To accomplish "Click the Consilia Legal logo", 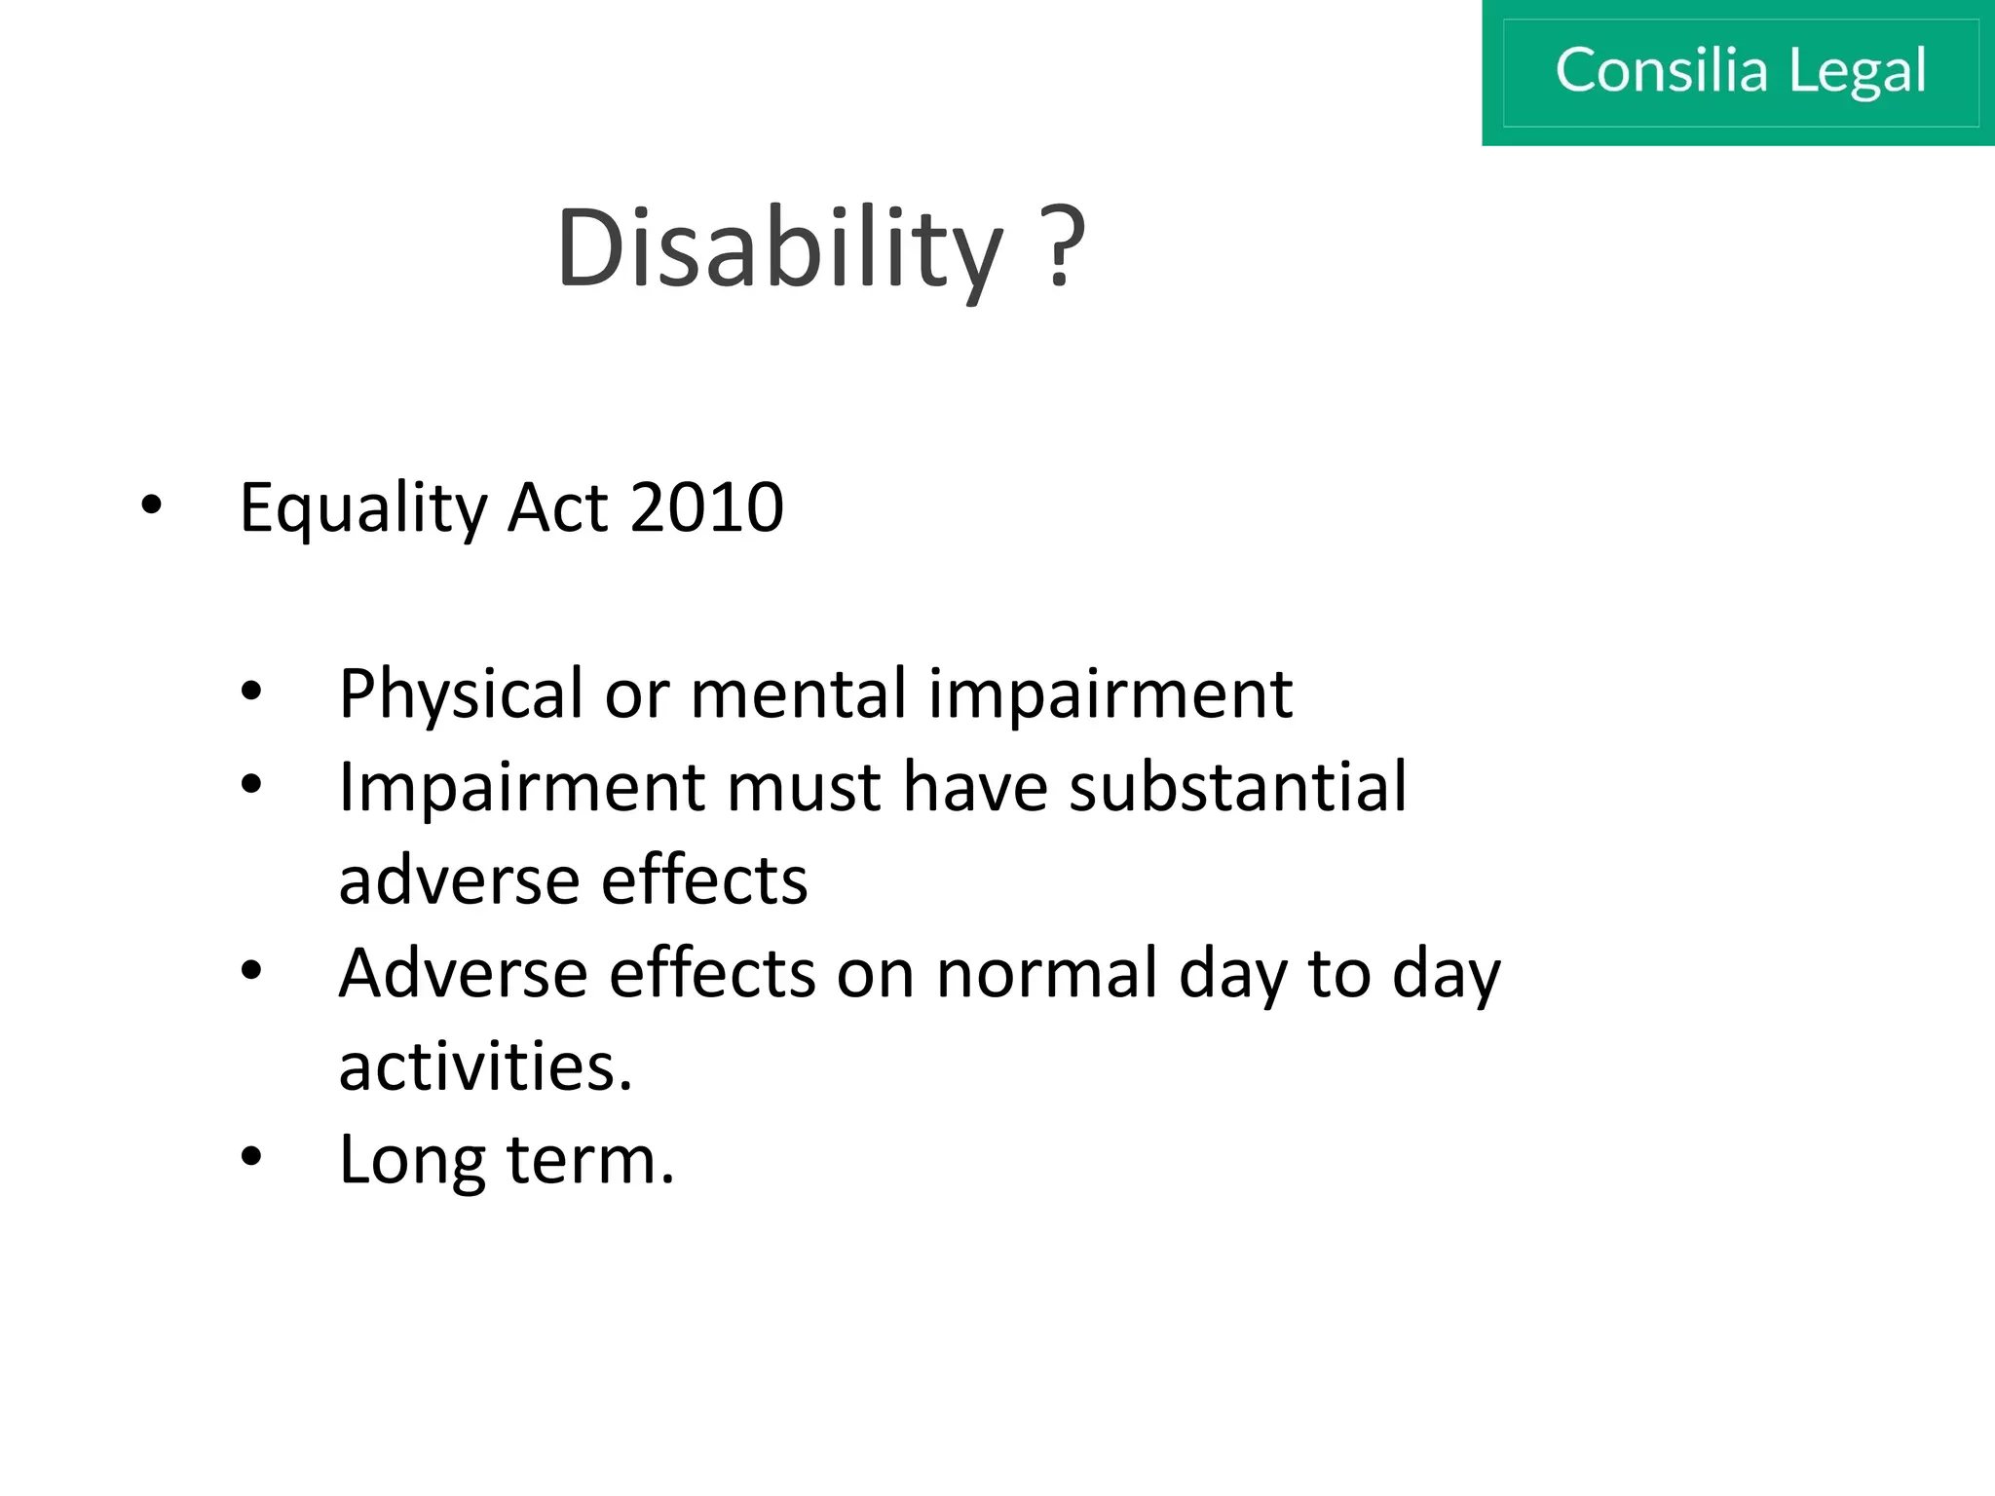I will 1739,72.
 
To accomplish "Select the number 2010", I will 707,507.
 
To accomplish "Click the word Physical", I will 461,695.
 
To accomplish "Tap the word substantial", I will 1237,786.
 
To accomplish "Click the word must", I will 804,788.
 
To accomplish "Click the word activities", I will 485,1066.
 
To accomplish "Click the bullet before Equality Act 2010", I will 151,505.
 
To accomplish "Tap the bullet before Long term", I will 251,1157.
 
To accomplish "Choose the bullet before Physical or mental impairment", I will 251,692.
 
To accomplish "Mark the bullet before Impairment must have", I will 251,785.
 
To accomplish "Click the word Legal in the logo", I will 1857,72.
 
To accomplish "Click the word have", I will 975,786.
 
